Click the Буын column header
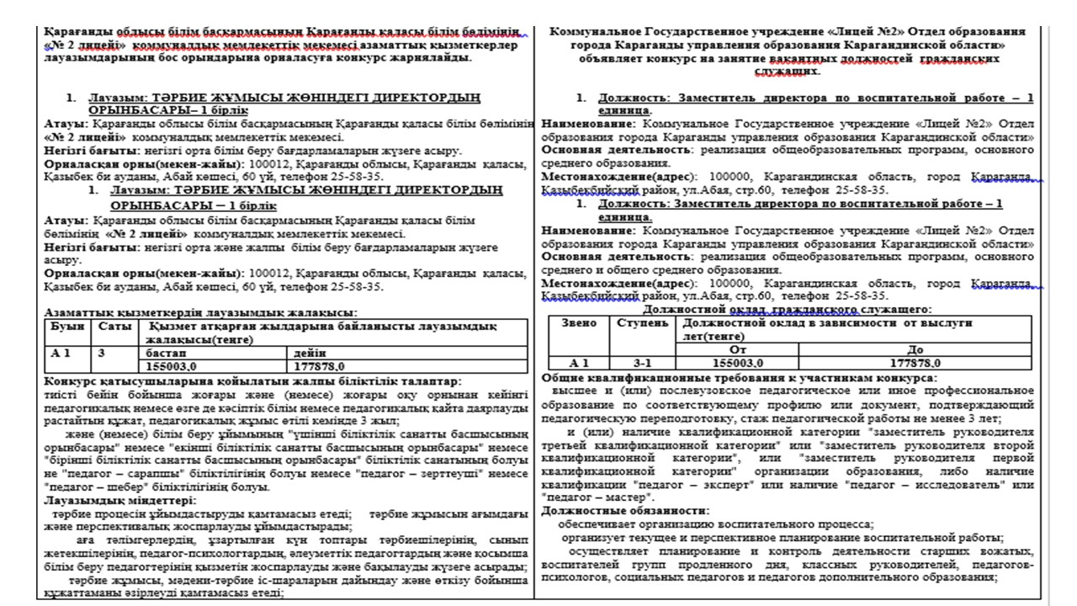click(x=67, y=325)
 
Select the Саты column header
click(x=114, y=325)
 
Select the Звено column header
click(x=580, y=323)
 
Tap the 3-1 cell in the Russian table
click(x=643, y=362)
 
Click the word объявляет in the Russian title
click(x=613, y=60)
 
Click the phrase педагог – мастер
click(x=587, y=497)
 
